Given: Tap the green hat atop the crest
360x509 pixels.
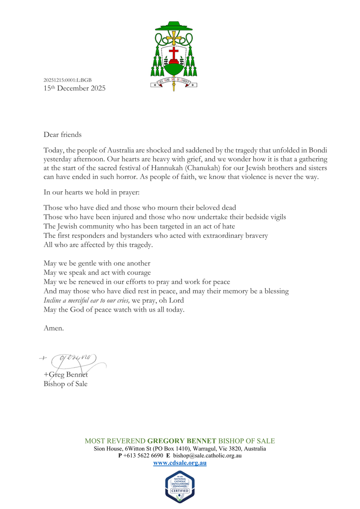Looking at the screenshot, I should (174, 27).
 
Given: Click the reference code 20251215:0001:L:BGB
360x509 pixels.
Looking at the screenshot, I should (68, 80).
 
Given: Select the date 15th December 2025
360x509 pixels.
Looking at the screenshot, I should (75, 88).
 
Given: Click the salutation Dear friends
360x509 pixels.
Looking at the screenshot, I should (62, 135).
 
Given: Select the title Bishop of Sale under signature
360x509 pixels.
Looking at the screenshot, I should (65, 384).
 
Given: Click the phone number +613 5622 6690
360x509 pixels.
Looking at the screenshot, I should (143, 456).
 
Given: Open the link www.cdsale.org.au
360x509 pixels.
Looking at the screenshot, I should (180, 463).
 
